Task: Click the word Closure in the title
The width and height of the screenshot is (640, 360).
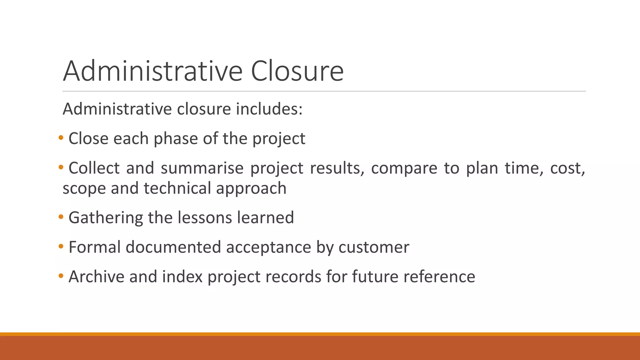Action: [x=297, y=71]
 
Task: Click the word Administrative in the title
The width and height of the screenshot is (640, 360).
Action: [x=152, y=71]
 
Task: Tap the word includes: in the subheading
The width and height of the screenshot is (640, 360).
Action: [x=269, y=109]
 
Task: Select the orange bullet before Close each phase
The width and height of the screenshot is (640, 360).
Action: [x=61, y=137]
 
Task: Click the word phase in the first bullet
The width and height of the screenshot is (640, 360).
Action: [x=176, y=139]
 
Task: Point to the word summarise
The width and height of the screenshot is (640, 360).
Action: [x=202, y=168]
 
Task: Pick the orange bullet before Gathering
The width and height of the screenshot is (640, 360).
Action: [x=61, y=217]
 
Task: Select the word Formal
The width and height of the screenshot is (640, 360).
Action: [x=94, y=247]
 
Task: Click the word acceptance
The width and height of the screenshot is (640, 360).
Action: [x=268, y=247]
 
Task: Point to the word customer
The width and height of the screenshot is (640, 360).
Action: [x=373, y=247]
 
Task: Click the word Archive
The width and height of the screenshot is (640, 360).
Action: [x=96, y=277]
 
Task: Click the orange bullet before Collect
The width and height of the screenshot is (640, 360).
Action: [x=61, y=167]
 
